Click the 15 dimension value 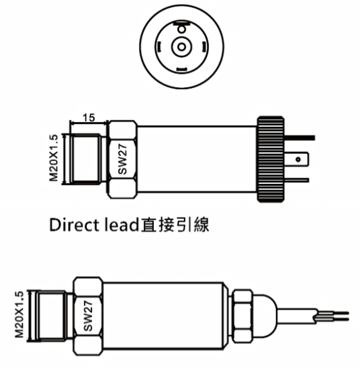click(x=89, y=118)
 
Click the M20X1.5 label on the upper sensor click(x=53, y=158)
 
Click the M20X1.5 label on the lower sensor click(x=19, y=315)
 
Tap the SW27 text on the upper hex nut click(x=122, y=159)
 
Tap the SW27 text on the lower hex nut click(x=88, y=316)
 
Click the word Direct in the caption click(x=74, y=225)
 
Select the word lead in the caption click(x=122, y=225)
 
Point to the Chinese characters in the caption click(x=175, y=225)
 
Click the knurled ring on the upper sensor click(x=271, y=159)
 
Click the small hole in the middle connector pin click(x=298, y=159)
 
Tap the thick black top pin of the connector click(x=300, y=138)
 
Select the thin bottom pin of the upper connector click(x=296, y=180)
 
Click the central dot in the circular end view click(x=181, y=47)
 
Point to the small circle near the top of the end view click(x=181, y=30)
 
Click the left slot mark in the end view click(x=159, y=46)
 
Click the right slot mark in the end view click(x=204, y=46)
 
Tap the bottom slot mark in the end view click(x=181, y=69)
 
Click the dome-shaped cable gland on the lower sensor click(x=265, y=316)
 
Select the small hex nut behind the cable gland click(x=243, y=316)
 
